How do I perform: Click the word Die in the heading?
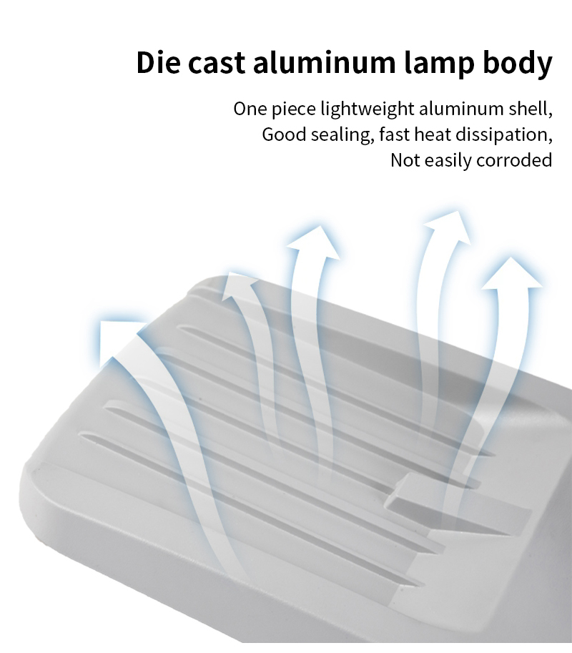pos(159,62)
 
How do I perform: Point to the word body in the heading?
pos(518,64)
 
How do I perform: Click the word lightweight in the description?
pos(368,109)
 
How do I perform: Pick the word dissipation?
pos(504,135)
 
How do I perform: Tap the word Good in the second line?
pos(284,134)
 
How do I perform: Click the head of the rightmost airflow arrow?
pos(512,274)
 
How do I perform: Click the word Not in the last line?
pos(405,160)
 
